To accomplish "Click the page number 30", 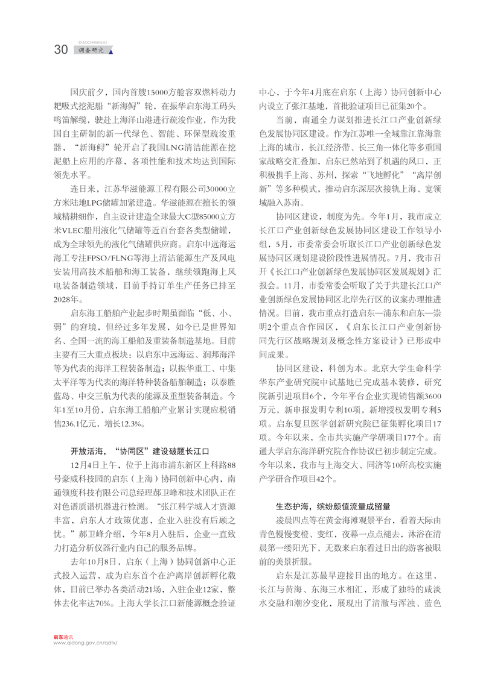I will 61,50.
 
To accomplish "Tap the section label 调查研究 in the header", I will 92,51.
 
